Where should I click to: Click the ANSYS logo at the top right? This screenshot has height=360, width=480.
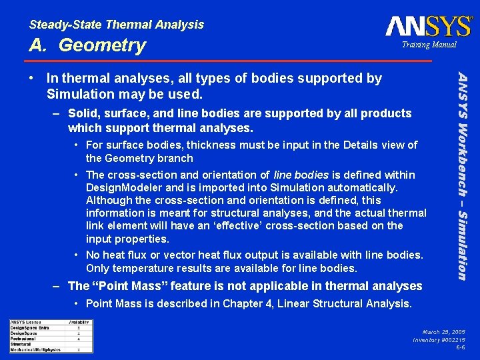tap(428, 26)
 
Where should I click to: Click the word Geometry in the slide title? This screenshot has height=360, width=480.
tap(102, 45)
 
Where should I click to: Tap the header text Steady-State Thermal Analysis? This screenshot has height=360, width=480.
tap(117, 25)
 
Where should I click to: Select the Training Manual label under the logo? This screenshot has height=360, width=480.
tap(429, 45)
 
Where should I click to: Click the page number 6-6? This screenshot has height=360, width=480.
tap(460, 347)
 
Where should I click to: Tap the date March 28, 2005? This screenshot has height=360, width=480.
tap(443, 331)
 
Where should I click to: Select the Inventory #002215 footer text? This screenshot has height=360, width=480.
tap(439, 339)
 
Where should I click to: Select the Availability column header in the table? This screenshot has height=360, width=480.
tap(79, 322)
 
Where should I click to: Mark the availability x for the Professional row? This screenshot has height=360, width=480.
tap(79, 338)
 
